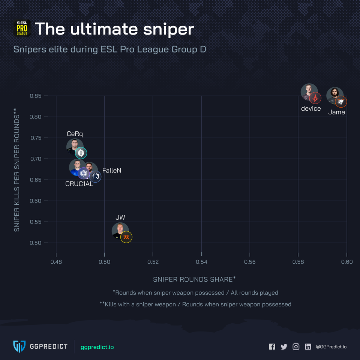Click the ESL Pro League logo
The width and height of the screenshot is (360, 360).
click(22, 28)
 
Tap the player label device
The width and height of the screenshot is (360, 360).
click(311, 109)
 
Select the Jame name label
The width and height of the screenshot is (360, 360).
click(336, 112)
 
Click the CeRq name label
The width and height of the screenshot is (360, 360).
click(75, 134)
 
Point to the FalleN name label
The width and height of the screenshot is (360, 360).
click(112, 171)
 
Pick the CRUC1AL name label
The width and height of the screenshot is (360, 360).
click(79, 184)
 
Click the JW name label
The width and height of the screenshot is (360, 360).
click(120, 217)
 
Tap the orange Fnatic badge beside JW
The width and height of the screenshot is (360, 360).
click(126, 237)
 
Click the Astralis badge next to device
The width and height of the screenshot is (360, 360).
click(315, 98)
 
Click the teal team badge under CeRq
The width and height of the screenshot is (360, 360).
click(81, 153)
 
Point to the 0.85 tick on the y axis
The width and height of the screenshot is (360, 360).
click(36, 96)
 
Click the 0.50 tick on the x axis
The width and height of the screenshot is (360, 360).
click(105, 261)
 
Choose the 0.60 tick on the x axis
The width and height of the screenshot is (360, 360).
click(346, 261)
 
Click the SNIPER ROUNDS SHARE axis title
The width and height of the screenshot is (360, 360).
click(194, 279)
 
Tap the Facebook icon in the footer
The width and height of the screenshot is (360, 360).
click(272, 347)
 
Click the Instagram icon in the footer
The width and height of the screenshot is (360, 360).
click(296, 347)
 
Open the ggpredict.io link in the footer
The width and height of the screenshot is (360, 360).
click(97, 347)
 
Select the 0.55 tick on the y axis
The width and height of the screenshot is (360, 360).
click(36, 222)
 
